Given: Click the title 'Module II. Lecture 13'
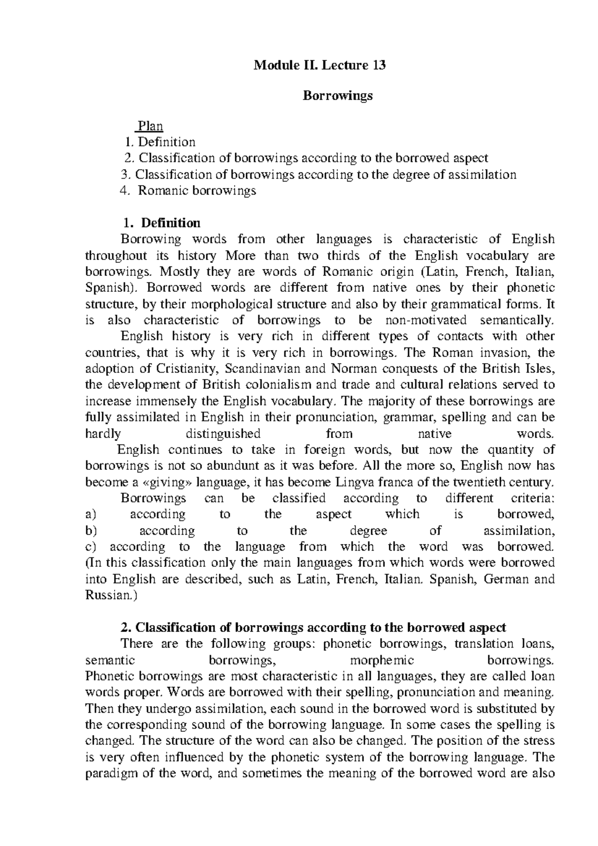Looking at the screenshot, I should pos(320,65).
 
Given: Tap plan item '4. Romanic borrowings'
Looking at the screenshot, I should pos(188,190).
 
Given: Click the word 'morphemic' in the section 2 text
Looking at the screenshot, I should pos(382,660).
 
